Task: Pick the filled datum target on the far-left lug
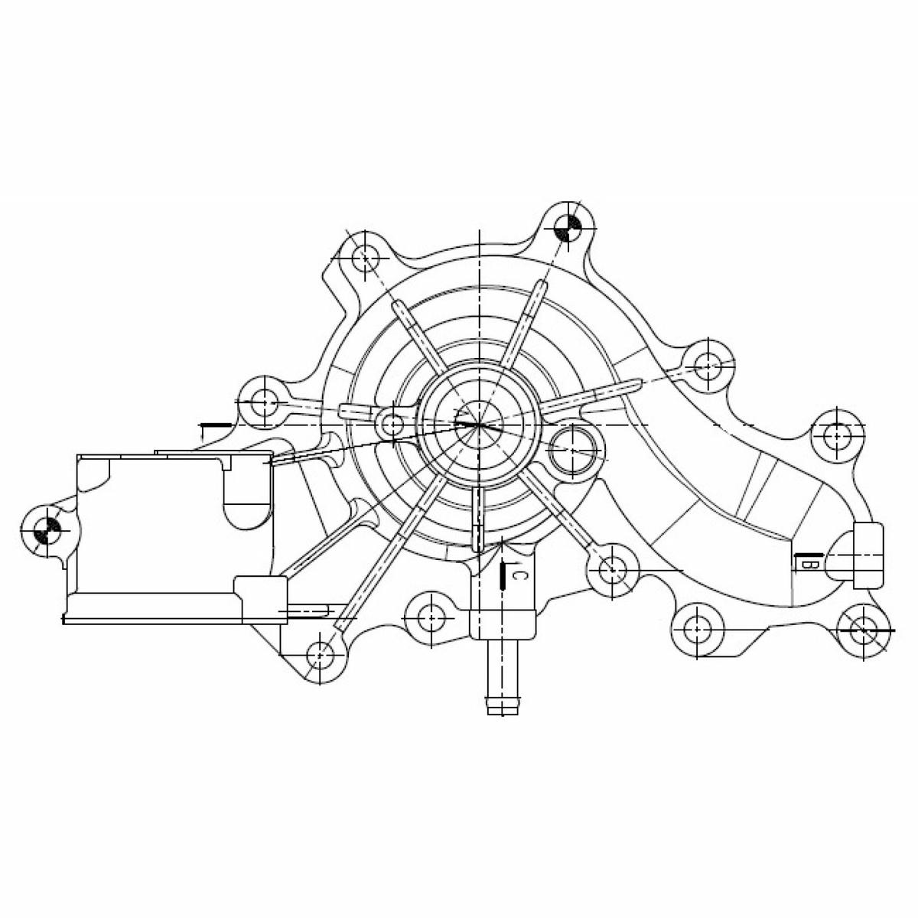coord(47,530)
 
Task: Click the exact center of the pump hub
coord(479,424)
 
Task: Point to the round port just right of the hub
coord(573,448)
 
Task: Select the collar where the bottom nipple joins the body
coord(500,623)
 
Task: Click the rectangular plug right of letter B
coord(868,555)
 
